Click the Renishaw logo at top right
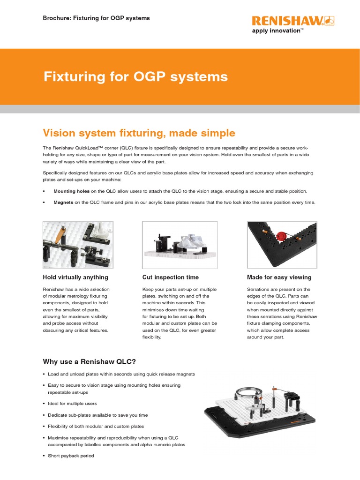(x=293, y=21)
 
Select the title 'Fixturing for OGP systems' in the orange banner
(x=135, y=76)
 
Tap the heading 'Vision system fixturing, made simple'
(x=139, y=133)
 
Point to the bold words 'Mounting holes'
(x=71, y=191)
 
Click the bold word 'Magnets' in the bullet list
(x=64, y=202)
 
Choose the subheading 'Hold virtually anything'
(x=75, y=277)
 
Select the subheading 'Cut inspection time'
(x=171, y=277)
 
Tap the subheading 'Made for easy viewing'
(x=279, y=277)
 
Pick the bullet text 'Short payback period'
(x=71, y=456)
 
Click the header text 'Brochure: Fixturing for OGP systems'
(x=96, y=18)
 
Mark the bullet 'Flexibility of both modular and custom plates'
(x=96, y=426)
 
